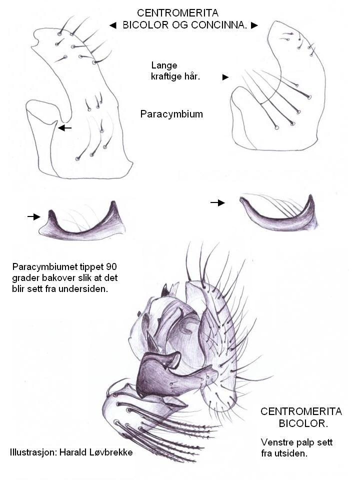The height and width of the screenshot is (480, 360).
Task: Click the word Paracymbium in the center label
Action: pyautogui.click(x=171, y=114)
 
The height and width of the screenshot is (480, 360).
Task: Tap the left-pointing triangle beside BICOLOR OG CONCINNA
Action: pyautogui.click(x=113, y=25)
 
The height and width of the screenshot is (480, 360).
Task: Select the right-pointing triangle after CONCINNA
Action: pyautogui.click(x=254, y=25)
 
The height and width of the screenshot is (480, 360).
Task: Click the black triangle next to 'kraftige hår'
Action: pyautogui.click(x=225, y=77)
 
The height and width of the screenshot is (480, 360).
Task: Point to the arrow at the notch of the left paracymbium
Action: pyautogui.click(x=64, y=127)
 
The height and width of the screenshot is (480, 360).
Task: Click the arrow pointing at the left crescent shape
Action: pyautogui.click(x=33, y=216)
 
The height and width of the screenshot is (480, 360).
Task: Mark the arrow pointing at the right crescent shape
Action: pyautogui.click(x=217, y=202)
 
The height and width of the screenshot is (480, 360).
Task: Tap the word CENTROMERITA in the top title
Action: pyautogui.click(x=178, y=13)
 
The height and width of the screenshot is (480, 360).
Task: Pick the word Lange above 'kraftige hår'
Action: pyautogui.click(x=164, y=65)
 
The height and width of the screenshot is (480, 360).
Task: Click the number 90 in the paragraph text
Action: pyautogui.click(x=111, y=267)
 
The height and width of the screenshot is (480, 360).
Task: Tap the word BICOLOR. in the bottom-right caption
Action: pyautogui.click(x=303, y=423)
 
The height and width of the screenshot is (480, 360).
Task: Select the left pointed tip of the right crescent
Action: pyautogui.click(x=241, y=199)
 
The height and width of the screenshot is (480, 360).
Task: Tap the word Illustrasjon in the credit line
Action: pyautogui.click(x=33, y=452)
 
